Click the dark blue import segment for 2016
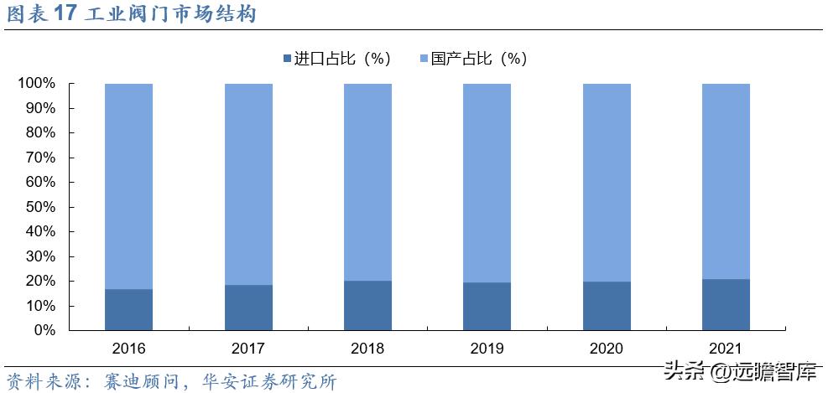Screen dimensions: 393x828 [128, 309]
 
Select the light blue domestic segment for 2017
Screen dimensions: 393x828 [248, 184]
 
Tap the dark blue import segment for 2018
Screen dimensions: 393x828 [367, 305]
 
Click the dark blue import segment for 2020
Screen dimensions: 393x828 [607, 306]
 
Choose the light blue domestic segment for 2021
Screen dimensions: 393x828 [726, 181]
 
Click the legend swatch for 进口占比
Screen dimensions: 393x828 [288, 59]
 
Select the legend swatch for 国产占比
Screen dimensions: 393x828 [423, 59]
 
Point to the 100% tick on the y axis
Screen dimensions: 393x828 [36, 84]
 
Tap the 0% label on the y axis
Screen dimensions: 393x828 [44, 330]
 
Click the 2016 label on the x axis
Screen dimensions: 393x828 [128, 348]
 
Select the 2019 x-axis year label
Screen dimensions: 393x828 [487, 348]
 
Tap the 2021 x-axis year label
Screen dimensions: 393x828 [726, 348]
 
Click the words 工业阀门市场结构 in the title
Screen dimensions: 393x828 [171, 15]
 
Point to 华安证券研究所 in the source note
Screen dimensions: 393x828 [269, 381]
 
